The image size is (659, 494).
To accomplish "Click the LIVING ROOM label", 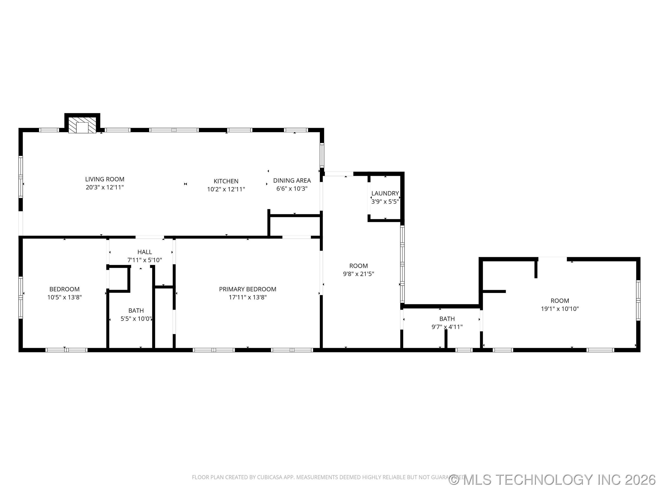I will pyautogui.click(x=105, y=179).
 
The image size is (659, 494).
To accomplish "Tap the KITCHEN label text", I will pyautogui.click(x=226, y=181).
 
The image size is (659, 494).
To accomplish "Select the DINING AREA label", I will pyautogui.click(x=292, y=180).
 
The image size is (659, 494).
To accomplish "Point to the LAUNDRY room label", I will pyautogui.click(x=385, y=193).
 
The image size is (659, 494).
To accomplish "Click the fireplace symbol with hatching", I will pyautogui.click(x=82, y=125).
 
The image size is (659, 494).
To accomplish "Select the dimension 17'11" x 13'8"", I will pyautogui.click(x=247, y=297).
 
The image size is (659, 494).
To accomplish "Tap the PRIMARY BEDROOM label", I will pyautogui.click(x=247, y=289).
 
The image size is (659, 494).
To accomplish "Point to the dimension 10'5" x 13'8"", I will pyautogui.click(x=64, y=297).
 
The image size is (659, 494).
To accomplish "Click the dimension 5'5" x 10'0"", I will pyautogui.click(x=136, y=319).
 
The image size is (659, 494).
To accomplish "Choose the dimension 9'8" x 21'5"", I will pyautogui.click(x=358, y=274).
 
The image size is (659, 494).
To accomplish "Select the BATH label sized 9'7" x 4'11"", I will pyautogui.click(x=447, y=319).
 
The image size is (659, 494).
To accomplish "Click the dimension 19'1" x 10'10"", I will pyautogui.click(x=559, y=309).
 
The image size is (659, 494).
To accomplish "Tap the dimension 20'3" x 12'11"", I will pyautogui.click(x=105, y=187).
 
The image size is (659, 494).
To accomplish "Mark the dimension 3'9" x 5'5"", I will pyautogui.click(x=385, y=201).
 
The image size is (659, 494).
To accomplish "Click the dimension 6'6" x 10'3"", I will pyautogui.click(x=292, y=188).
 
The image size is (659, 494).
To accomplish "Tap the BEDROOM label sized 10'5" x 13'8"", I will pyautogui.click(x=64, y=289).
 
